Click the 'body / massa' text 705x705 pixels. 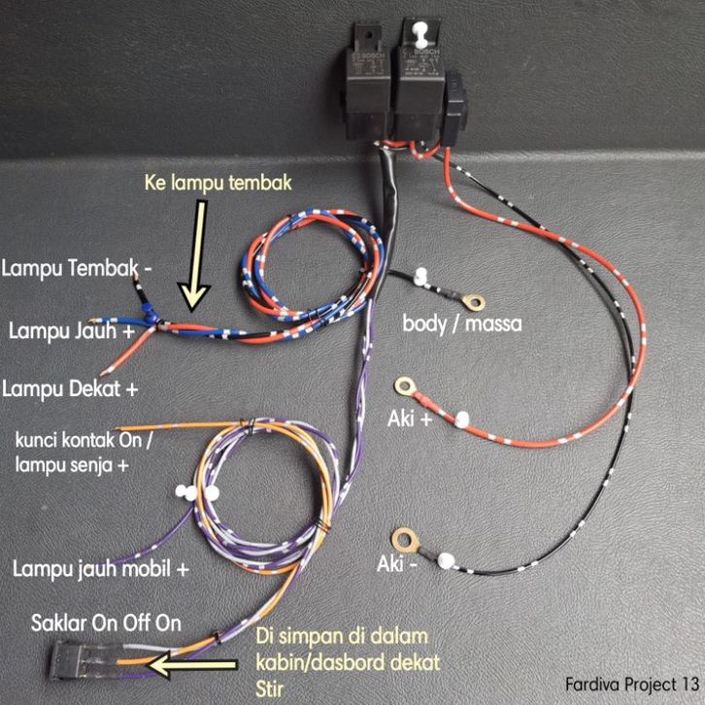coord(462,321)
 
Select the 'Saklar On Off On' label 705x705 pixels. coord(106,621)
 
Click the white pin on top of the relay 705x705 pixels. coord(420,35)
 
